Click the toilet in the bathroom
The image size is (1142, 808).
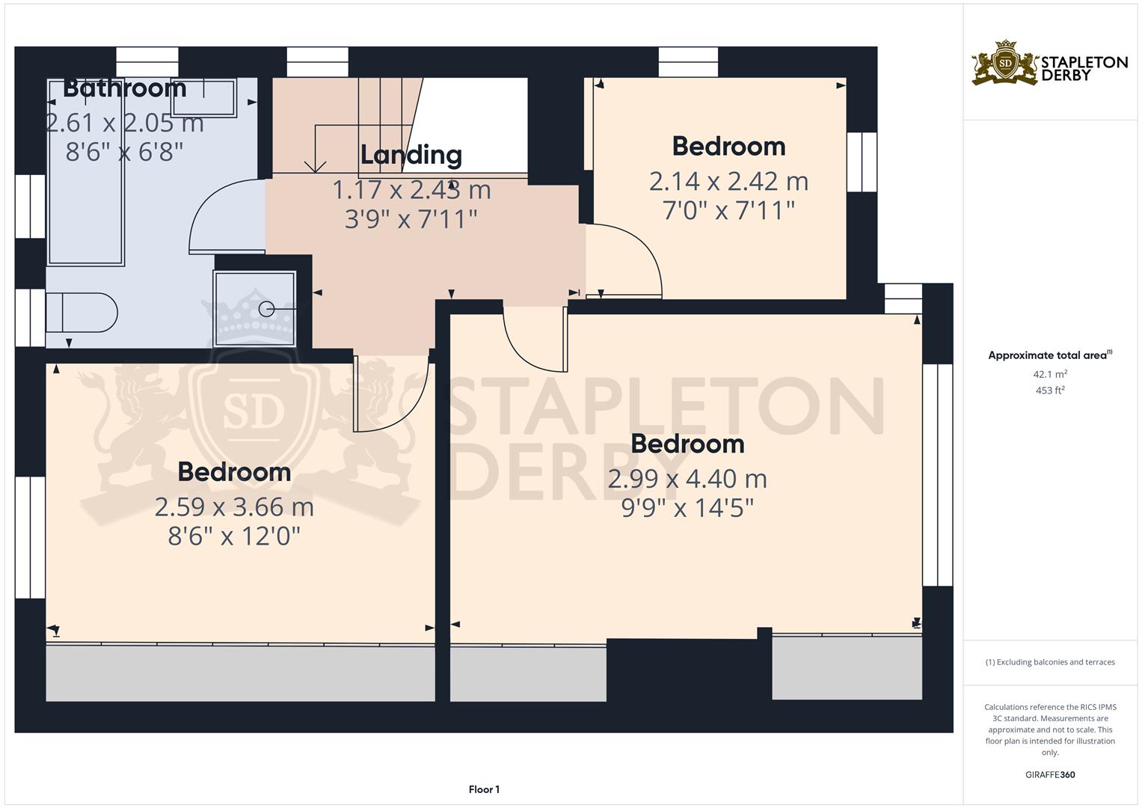coord(82,313)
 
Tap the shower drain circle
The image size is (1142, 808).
coord(266,308)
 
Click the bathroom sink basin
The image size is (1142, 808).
coord(203,97)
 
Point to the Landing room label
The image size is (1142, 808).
coord(411,155)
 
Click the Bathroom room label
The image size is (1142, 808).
coord(124,88)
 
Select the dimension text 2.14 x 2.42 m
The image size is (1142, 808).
coord(728,181)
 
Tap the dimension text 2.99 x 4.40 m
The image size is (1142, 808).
coord(687,479)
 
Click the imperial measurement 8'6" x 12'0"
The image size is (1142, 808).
coord(234,536)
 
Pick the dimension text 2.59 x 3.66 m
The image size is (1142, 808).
coord(234,507)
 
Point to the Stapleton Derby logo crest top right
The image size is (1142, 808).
coord(1005,64)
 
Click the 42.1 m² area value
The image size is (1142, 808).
coord(1050,374)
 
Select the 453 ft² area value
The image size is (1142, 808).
coord(1050,391)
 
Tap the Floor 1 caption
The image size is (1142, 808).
coord(484,789)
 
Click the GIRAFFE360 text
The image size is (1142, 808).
coord(1050,774)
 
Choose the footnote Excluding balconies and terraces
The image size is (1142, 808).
coord(1050,662)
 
